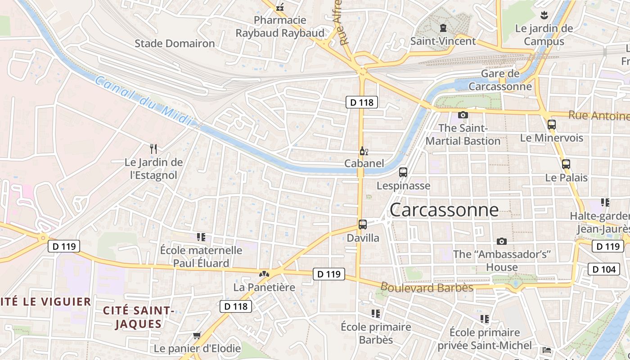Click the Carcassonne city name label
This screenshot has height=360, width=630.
[444, 210]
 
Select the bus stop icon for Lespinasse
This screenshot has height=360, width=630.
[403, 172]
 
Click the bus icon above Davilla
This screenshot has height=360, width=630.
[363, 224]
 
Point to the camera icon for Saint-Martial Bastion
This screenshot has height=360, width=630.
[463, 115]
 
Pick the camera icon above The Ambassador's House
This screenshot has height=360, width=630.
[502, 241]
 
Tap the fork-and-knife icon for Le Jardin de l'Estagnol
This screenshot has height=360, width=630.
[153, 148]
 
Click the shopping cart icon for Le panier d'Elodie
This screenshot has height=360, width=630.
[197, 336]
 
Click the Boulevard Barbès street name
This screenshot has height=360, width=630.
[427, 287]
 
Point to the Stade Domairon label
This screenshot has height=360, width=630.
[175, 44]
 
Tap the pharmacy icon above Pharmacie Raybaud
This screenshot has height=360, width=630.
[280, 7]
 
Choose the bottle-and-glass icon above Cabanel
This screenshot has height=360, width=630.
[364, 151]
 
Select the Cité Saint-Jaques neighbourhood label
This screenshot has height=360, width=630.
[138, 317]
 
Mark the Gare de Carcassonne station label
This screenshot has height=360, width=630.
[500, 80]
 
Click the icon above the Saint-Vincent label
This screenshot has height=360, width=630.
[443, 28]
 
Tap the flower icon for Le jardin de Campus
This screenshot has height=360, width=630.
[544, 15]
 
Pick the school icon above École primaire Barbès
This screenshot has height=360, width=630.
[376, 313]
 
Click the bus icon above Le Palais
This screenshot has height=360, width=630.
[566, 164]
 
